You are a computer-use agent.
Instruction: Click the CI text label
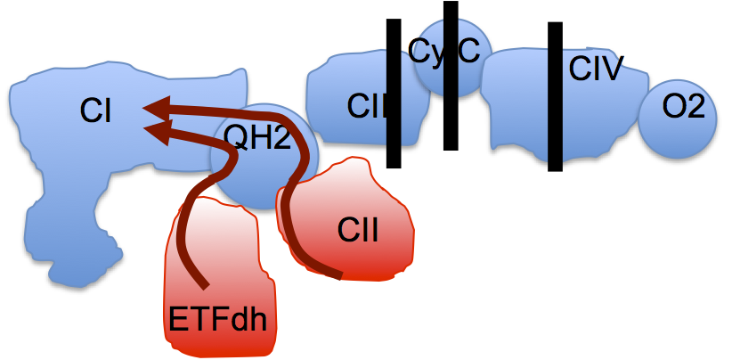(x=95, y=110)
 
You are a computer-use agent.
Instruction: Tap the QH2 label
(x=257, y=138)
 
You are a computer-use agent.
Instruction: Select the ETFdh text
(x=217, y=319)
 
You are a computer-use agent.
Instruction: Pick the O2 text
(x=683, y=108)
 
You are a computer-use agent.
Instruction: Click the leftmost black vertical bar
(x=394, y=94)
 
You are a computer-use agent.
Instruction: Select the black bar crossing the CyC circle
(x=451, y=76)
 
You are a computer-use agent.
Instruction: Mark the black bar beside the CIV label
(x=555, y=96)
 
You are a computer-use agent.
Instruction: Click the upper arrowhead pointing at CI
(x=155, y=109)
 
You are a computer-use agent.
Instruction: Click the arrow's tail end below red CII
(x=338, y=275)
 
